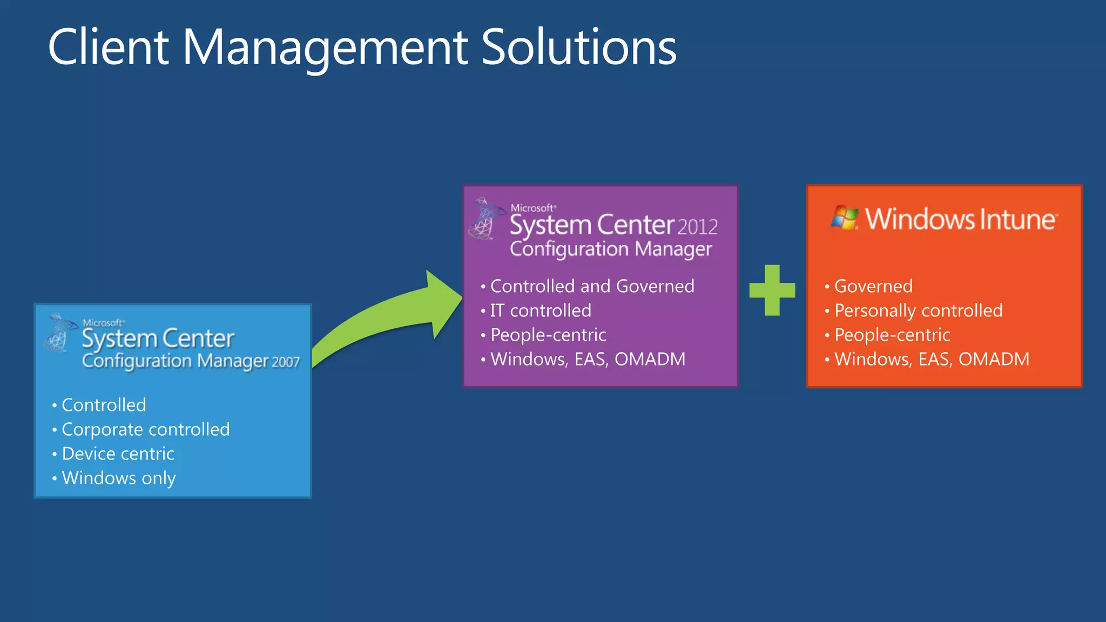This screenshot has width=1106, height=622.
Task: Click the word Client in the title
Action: (108, 48)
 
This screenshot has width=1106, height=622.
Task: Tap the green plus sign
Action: (772, 290)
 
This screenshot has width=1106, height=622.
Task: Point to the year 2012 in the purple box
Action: (698, 227)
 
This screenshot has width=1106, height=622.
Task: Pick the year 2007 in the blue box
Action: (286, 362)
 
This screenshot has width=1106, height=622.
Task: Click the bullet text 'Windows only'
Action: (119, 478)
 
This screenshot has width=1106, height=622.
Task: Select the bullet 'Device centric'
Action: (118, 454)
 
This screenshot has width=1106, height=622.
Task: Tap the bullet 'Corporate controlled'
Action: (146, 430)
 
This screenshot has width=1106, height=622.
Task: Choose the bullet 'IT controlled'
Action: (540, 311)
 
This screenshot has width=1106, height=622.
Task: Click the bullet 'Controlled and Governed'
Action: (592, 287)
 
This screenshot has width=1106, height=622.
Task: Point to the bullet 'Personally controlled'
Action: (918, 311)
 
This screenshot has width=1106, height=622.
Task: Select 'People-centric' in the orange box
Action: (892, 335)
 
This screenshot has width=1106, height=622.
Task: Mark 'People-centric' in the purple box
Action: (548, 335)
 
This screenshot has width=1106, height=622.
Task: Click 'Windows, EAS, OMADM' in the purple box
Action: (588, 360)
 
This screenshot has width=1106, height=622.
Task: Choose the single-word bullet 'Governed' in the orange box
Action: (873, 287)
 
